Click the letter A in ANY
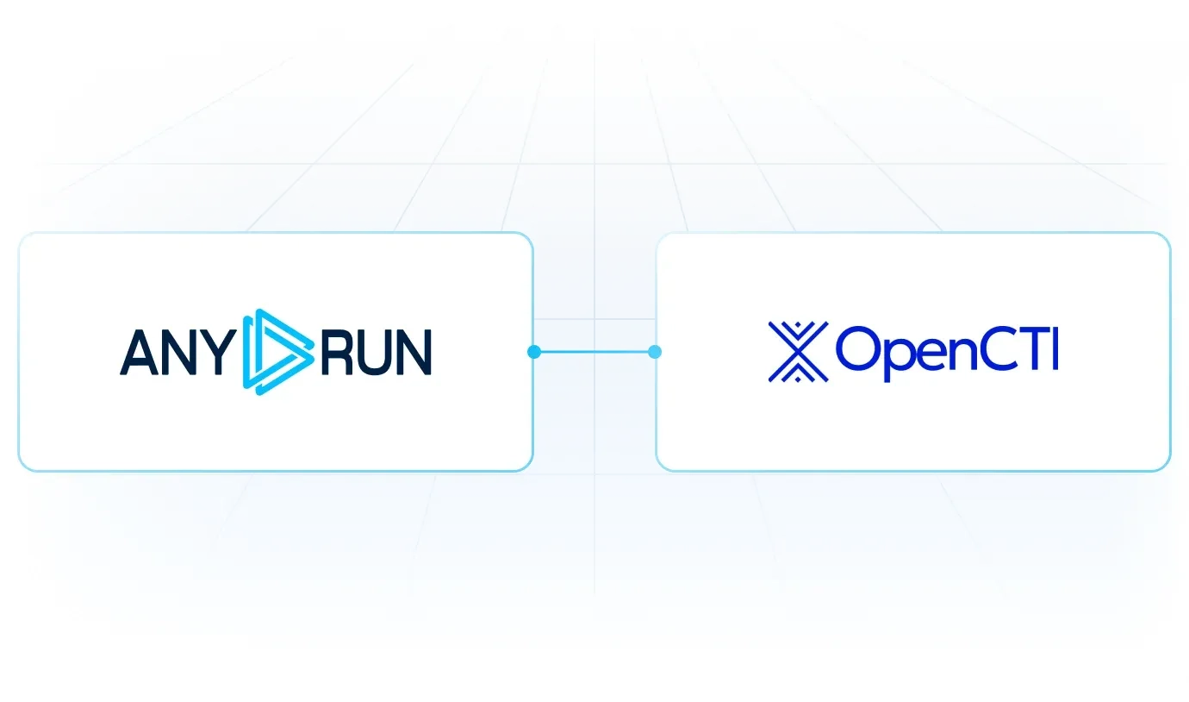[140, 353]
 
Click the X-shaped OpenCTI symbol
[798, 352]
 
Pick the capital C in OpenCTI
[999, 348]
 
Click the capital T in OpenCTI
[1032, 348]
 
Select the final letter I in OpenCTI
[1055, 348]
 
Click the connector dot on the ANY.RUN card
[534, 352]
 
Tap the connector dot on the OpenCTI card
[655, 352]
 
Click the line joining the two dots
[594, 352]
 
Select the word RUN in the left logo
[376, 353]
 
